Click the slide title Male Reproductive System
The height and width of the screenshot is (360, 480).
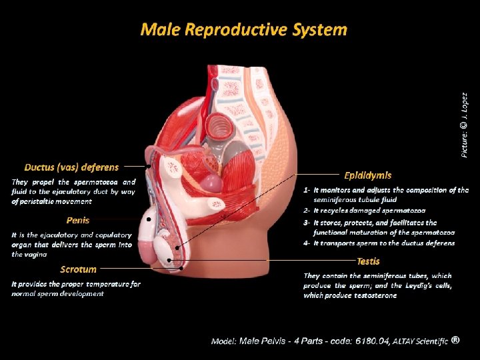click(x=243, y=29)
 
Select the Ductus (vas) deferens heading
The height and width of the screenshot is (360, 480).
click(x=71, y=167)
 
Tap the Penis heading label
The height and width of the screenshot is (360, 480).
click(x=77, y=219)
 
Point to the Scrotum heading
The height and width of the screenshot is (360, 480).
click(x=78, y=269)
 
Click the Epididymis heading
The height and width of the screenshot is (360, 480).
click(x=367, y=175)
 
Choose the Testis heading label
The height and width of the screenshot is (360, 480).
click(x=368, y=261)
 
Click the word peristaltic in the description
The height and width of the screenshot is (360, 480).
click(x=46, y=201)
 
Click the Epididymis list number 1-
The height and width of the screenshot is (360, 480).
click(x=307, y=190)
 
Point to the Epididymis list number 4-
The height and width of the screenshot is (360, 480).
click(x=307, y=243)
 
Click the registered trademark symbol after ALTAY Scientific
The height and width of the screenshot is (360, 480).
click(x=455, y=339)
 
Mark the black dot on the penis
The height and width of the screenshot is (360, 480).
click(x=149, y=218)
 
